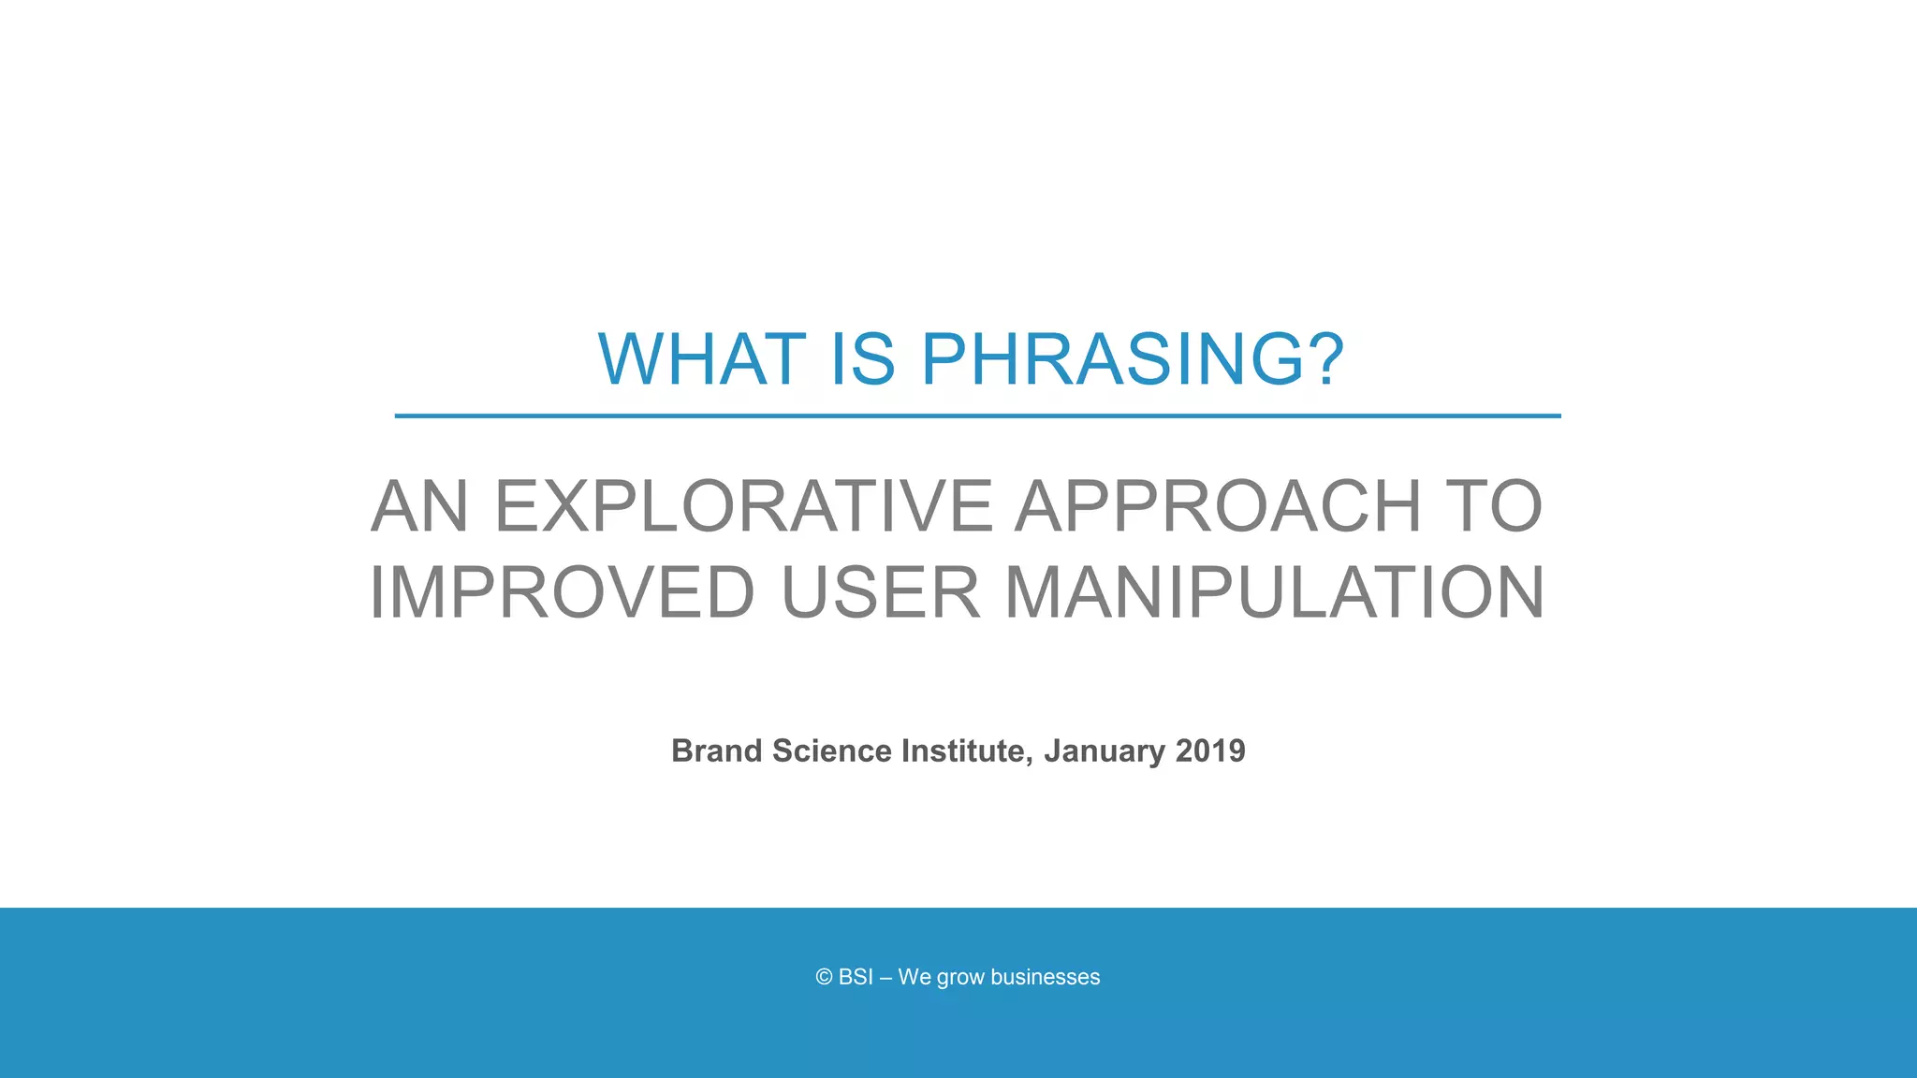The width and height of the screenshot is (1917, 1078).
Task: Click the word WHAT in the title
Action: point(702,360)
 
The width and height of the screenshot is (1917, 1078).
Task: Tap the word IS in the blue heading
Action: point(862,360)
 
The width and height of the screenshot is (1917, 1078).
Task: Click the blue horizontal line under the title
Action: point(977,415)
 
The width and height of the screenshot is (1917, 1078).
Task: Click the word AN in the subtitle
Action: point(419,507)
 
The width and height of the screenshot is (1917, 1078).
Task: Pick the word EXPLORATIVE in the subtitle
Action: point(743,507)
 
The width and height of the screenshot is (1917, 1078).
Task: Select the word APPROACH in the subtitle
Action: point(1218,507)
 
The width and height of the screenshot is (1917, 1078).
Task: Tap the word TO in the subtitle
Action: point(1494,507)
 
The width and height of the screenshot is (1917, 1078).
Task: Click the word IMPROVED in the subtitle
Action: point(563,593)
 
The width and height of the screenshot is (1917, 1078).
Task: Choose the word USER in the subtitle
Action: point(880,593)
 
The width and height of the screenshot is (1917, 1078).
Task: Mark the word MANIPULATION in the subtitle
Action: point(1274,593)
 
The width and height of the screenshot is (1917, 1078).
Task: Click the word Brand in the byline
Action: point(716,751)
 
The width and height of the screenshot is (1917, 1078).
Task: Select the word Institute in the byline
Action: point(966,751)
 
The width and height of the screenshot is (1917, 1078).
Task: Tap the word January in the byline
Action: point(1105,751)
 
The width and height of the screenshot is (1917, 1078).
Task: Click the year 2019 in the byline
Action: point(1210,751)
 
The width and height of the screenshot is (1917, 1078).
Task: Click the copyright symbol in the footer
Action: point(824,977)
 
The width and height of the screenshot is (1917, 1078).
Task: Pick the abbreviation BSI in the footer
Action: point(856,977)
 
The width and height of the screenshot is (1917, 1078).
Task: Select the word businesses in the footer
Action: point(1045,977)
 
